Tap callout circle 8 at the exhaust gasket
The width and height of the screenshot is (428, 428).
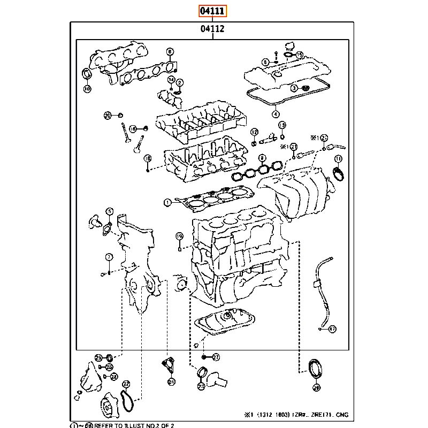tap(170, 52)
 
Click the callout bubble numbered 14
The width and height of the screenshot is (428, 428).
tap(171, 79)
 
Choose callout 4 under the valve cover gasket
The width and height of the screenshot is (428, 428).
tap(275, 113)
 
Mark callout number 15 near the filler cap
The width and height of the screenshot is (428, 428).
tap(300, 55)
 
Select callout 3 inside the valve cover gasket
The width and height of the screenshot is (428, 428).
tap(294, 87)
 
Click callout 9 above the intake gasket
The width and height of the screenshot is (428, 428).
tap(262, 158)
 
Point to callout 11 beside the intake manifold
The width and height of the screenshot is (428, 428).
tap(338, 159)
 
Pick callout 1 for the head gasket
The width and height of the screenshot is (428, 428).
tap(167, 202)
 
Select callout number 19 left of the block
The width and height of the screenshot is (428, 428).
tap(180, 236)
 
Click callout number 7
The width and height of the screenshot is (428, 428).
tap(109, 257)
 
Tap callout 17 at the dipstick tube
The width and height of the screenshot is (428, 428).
tap(332, 328)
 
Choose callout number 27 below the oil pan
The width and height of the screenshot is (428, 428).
tap(216, 357)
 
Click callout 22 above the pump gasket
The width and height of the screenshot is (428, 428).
tap(126, 384)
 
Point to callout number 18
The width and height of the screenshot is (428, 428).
tap(148, 158)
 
